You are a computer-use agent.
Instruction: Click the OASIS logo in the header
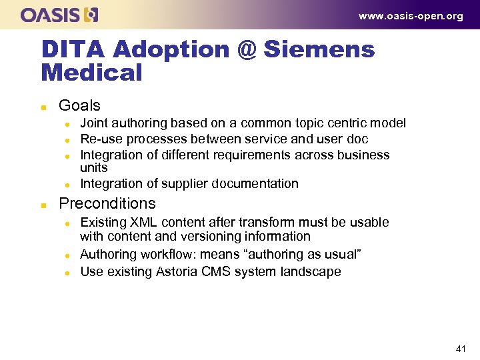[x=59, y=14]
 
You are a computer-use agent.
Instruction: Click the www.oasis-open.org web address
[x=411, y=16]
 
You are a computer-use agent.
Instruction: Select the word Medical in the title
[x=92, y=73]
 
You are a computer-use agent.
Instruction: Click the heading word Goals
[x=79, y=105]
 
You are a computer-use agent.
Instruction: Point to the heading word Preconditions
[x=107, y=203]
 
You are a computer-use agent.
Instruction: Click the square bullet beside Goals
[x=43, y=106]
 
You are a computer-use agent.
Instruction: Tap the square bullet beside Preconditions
[x=43, y=204]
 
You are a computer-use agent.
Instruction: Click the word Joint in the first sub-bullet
[x=93, y=123]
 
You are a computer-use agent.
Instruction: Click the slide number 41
[x=461, y=349]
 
